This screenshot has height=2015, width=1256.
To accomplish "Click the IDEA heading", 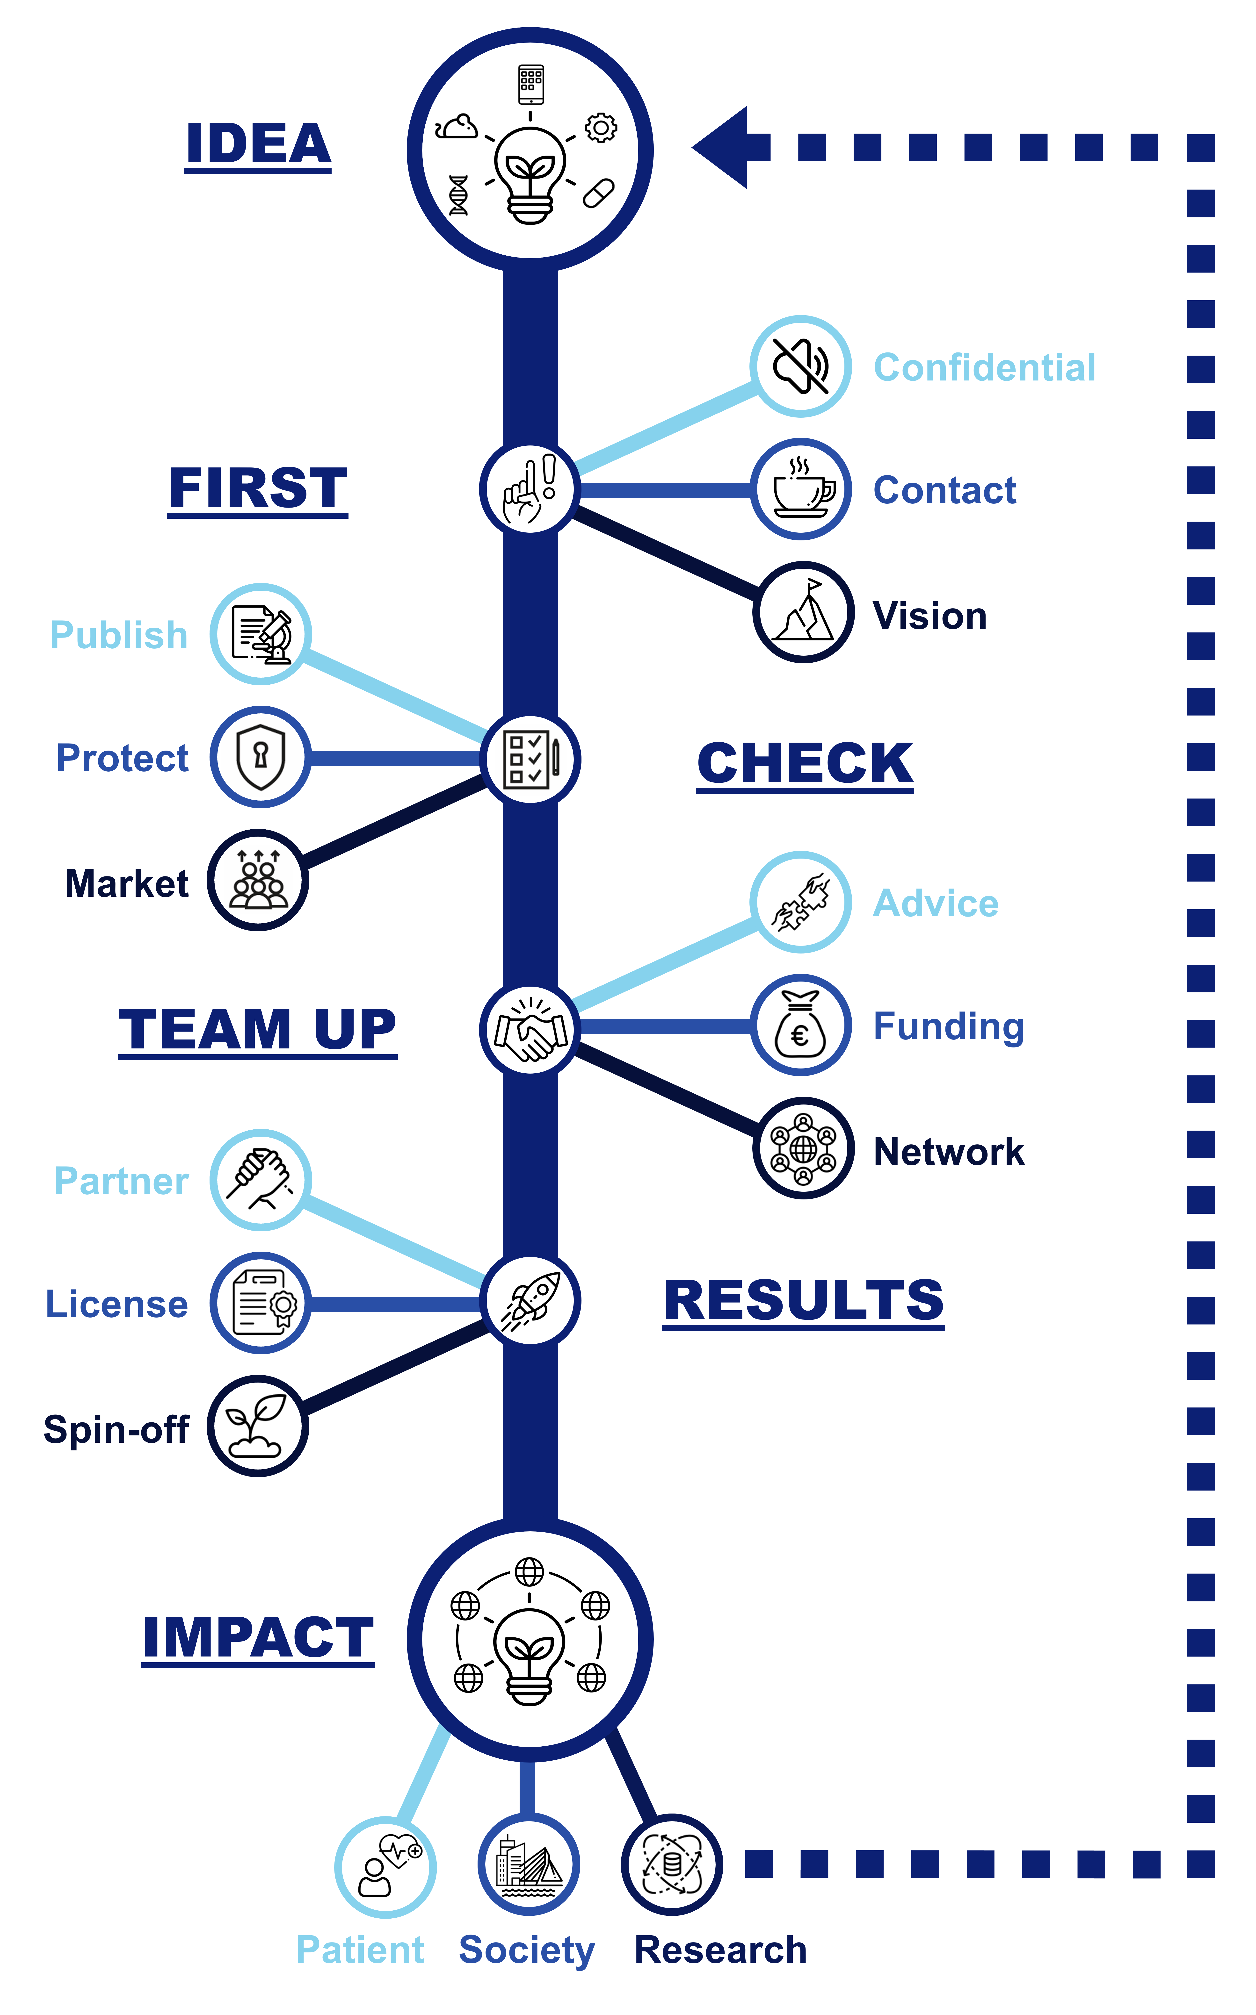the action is coord(258,144).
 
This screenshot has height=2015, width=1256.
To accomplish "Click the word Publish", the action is coord(119,635).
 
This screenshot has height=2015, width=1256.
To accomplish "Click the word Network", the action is coord(949,1152).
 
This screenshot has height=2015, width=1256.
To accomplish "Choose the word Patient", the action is coord(360,1949).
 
